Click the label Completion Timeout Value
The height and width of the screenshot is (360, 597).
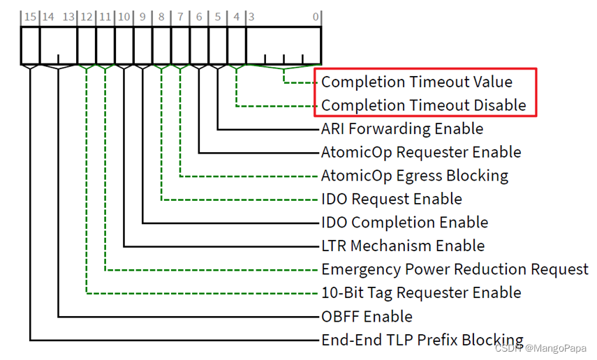(x=416, y=82)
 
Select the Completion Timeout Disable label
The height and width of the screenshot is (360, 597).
(x=423, y=105)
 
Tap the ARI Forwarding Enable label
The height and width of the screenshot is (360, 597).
(x=401, y=129)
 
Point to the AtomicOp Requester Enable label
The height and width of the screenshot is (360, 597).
(x=420, y=152)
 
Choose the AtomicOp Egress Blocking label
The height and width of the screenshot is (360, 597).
(x=414, y=176)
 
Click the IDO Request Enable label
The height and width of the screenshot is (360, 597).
(x=391, y=199)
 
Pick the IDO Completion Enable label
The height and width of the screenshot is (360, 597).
(x=404, y=223)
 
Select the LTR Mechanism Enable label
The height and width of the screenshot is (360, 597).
(x=402, y=246)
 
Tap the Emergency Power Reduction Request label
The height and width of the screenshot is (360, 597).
(x=455, y=269)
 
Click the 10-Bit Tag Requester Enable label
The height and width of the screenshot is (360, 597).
(x=420, y=292)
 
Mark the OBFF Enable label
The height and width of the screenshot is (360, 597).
(x=367, y=316)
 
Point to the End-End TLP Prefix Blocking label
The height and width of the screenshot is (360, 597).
(x=422, y=340)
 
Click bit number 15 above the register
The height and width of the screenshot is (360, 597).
(x=29, y=16)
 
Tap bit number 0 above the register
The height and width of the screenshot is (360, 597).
(x=316, y=16)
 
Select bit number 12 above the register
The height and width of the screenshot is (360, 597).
(x=86, y=16)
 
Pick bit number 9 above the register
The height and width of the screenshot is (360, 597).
(x=142, y=16)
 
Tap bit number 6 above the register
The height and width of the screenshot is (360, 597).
(x=199, y=16)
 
